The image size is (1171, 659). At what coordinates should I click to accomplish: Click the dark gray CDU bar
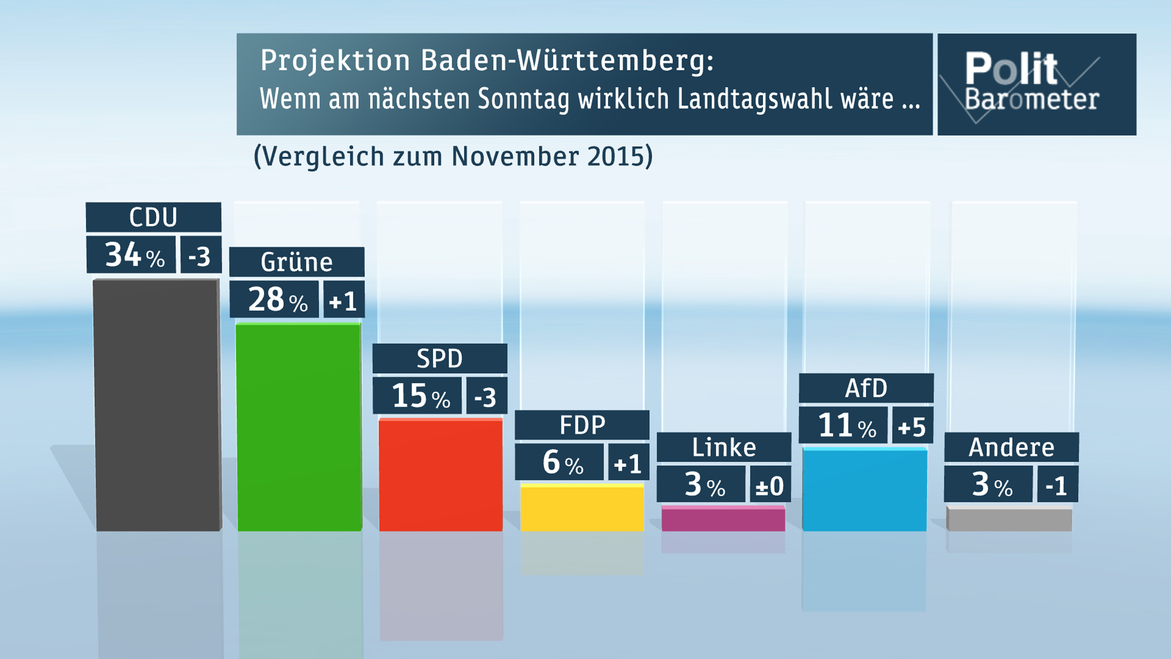pos(157,405)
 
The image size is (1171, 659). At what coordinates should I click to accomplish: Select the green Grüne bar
pos(299,427)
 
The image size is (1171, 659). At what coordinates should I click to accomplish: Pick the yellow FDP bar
pos(582,508)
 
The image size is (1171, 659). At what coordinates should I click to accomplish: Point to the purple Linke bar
pos(723,519)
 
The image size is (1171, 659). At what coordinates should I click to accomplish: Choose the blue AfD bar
pos(865,489)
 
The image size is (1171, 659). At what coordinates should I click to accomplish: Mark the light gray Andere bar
pos(1009,519)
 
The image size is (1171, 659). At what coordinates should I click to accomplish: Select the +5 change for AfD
pos(912,426)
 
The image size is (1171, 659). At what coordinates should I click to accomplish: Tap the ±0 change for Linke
pos(770,485)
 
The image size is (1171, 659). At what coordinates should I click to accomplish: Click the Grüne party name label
pos(297,262)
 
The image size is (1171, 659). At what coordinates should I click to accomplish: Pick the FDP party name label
pos(582,425)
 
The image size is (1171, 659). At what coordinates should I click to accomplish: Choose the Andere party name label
pos(1011,447)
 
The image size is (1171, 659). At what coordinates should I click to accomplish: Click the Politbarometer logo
pos(1036,85)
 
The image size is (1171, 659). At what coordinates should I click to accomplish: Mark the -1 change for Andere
pos(1057,485)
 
